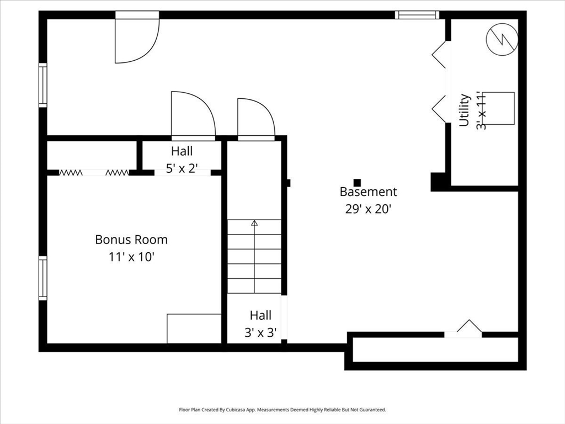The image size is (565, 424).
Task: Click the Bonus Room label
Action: pos(131,240)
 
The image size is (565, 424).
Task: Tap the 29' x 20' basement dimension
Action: pos(367,209)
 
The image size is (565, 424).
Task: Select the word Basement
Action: pos(367,192)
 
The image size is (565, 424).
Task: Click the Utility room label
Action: pos(465,110)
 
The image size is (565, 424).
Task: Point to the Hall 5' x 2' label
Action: pos(182,160)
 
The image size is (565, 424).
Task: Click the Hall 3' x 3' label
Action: pos(260,324)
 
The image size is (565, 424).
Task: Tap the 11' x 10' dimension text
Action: pos(131,257)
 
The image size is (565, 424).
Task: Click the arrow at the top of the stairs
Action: pos(254,223)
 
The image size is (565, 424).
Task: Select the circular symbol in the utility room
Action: pos(502,38)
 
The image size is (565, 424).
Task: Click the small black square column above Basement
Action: pos(357,182)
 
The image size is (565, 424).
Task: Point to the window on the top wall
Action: pos(417,15)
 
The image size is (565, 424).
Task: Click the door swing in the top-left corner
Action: pos(136,41)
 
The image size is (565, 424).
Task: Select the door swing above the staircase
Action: pos(255,118)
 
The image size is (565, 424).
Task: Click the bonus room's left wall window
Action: pos(42,278)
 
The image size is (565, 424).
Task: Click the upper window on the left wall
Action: pos(42,85)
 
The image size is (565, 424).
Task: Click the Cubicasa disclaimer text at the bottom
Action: pos(282,410)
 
